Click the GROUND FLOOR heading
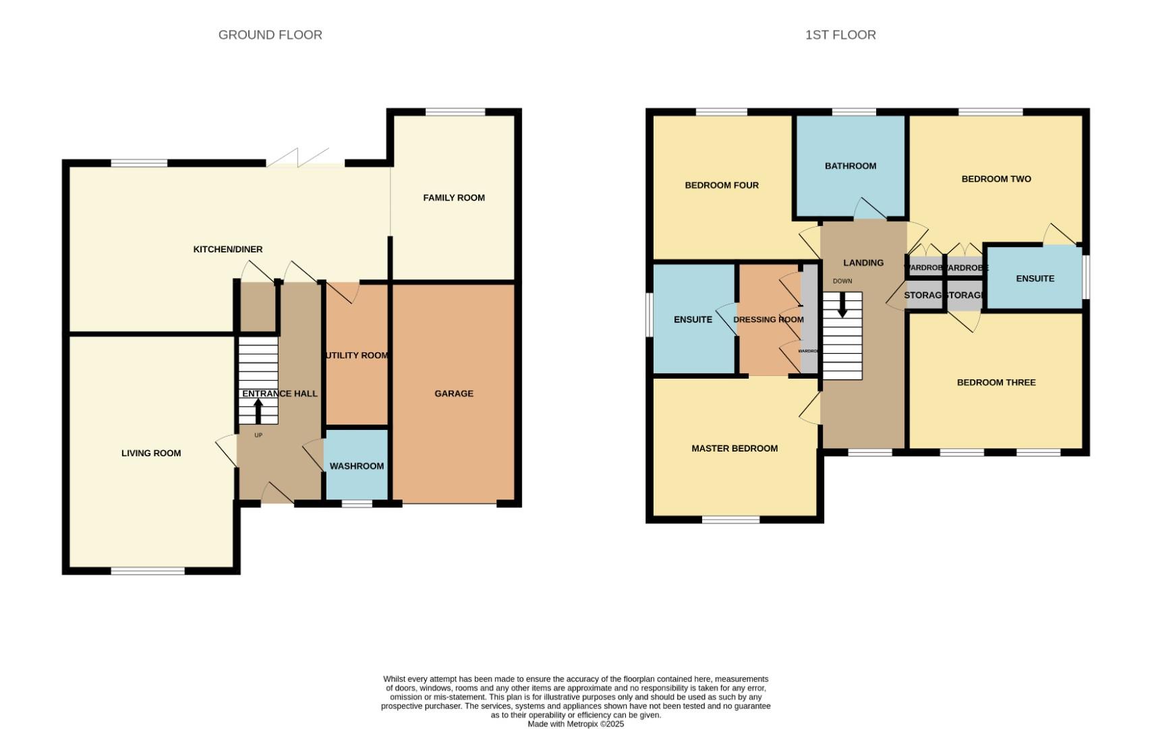click(x=270, y=35)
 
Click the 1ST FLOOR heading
click(x=840, y=35)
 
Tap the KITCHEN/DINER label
click(x=228, y=250)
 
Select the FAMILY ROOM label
click(x=454, y=198)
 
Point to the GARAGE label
click(x=454, y=394)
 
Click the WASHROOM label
click(x=357, y=466)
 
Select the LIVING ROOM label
click(x=151, y=454)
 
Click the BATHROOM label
click(x=851, y=166)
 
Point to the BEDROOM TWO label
click(x=996, y=180)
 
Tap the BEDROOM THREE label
click(x=996, y=383)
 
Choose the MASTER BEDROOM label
click(x=735, y=449)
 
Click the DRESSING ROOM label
click(x=768, y=320)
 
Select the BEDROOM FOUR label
click(x=722, y=186)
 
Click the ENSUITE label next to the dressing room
click(x=693, y=320)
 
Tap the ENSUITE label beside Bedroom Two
click(x=1035, y=279)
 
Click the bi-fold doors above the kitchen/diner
click(x=306, y=160)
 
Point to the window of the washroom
click(x=357, y=504)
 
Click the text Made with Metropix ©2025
click(x=575, y=724)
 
